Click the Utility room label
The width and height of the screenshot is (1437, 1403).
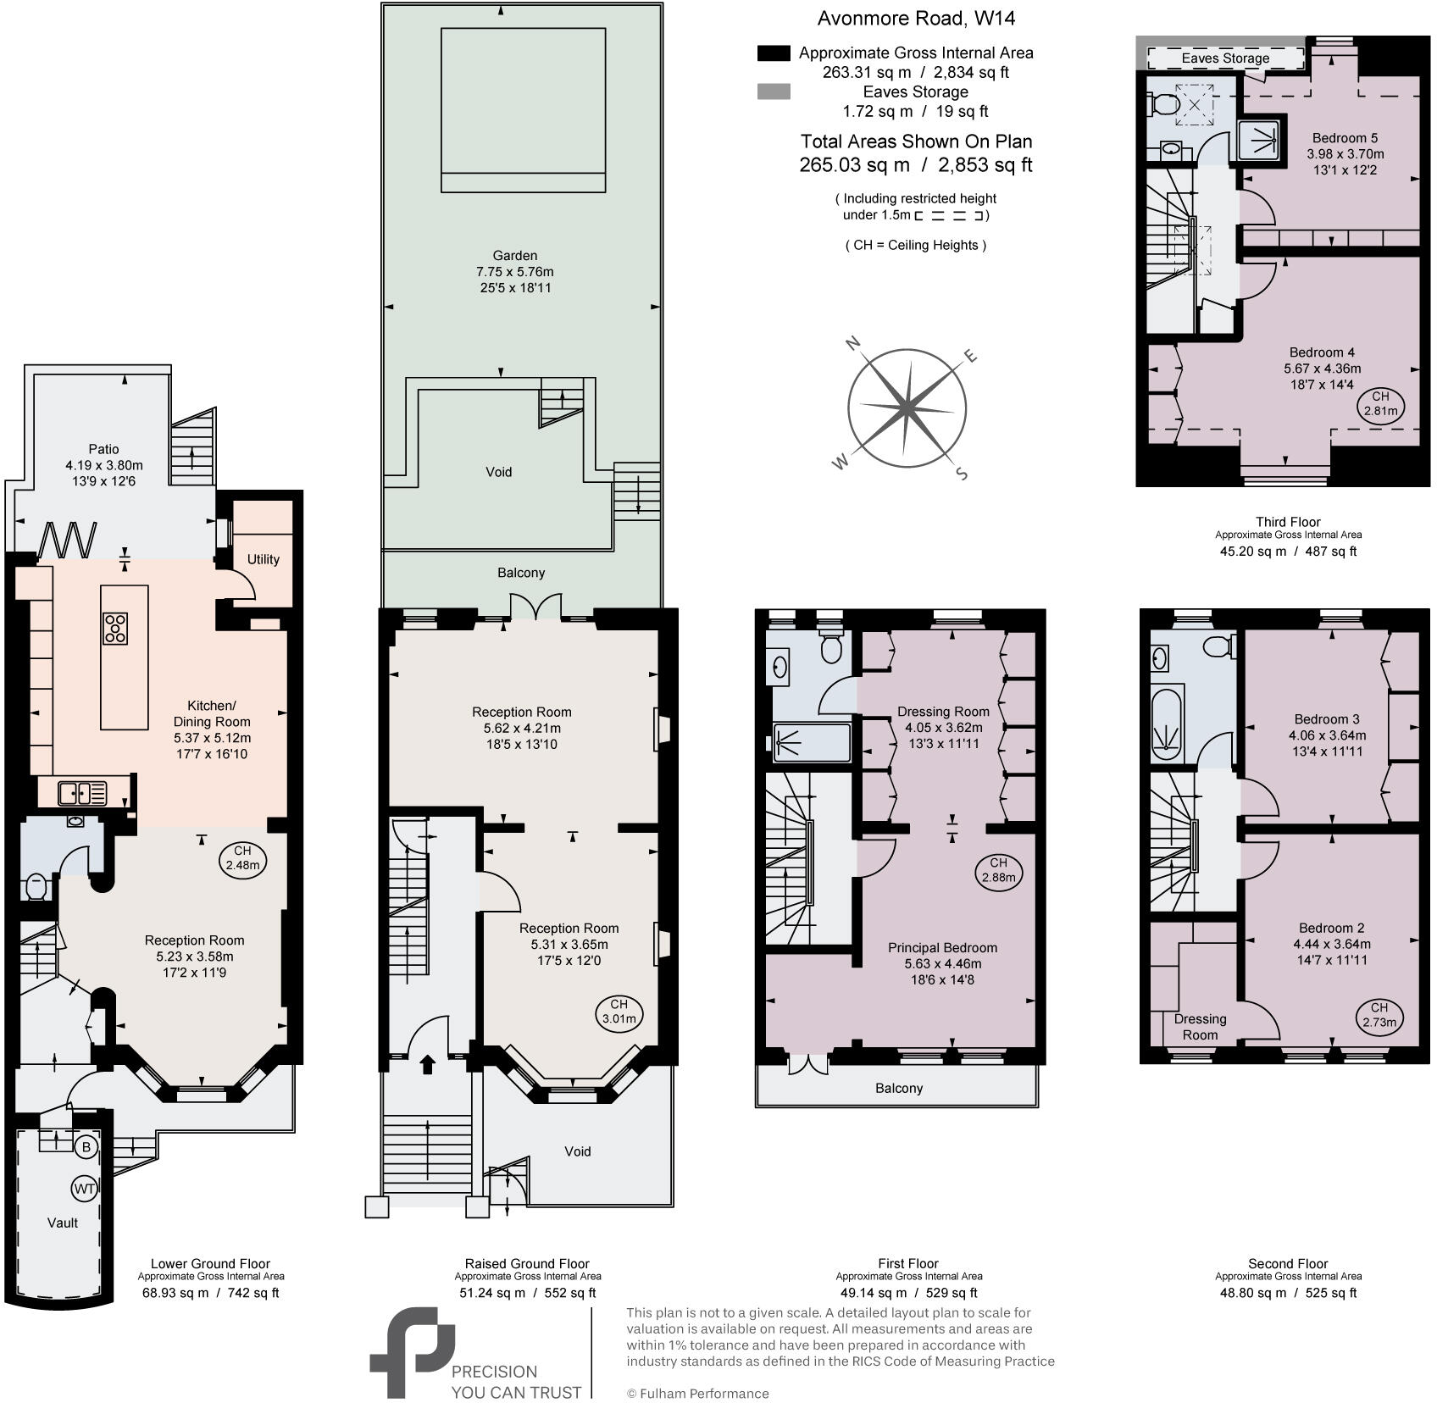tap(263, 559)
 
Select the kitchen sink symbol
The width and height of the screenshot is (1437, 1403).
tap(82, 793)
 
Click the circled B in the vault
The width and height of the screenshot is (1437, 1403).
tap(85, 1148)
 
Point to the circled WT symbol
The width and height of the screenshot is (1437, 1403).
tap(84, 1189)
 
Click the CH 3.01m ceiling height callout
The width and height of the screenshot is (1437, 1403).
tap(619, 1012)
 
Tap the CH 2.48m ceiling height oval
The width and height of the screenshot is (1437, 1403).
tap(242, 858)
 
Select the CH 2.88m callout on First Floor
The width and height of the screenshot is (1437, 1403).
tap(998, 870)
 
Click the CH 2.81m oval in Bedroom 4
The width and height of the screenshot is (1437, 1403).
tap(1380, 403)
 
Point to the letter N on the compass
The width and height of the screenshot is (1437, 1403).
tap(854, 343)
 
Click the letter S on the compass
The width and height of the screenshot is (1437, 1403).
tap(962, 474)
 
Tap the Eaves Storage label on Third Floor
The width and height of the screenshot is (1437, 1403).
tap(1225, 58)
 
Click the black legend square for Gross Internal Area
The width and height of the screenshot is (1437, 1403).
tap(773, 53)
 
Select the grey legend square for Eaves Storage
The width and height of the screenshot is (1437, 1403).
tap(773, 91)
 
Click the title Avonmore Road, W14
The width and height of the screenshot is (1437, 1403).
tap(915, 18)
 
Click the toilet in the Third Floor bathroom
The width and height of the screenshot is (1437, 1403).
tap(1163, 105)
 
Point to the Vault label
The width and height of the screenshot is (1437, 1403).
tap(63, 1223)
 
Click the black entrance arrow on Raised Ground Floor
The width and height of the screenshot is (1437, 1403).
tap(427, 1063)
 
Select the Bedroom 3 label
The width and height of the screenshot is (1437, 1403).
tap(1327, 719)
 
